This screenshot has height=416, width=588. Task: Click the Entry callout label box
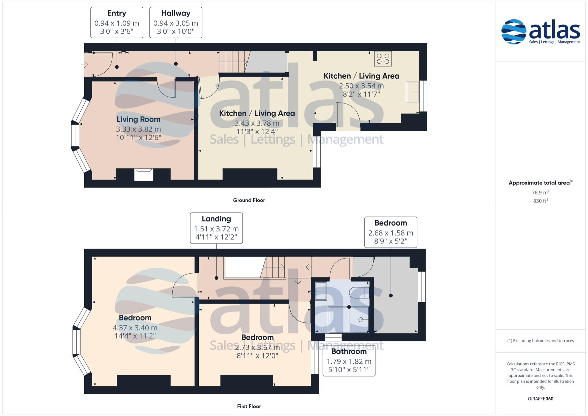click(x=117, y=22)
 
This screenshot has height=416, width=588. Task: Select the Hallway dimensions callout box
click(x=176, y=22)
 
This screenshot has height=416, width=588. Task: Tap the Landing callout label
click(x=216, y=228)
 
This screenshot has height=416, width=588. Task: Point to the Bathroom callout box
click(x=349, y=361)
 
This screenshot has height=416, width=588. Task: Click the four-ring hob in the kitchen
click(x=383, y=59)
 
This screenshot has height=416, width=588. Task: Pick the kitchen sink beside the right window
click(x=413, y=92)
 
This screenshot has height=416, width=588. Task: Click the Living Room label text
click(x=138, y=119)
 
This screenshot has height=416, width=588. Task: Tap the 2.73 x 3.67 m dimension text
click(x=257, y=347)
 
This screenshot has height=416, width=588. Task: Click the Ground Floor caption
click(x=249, y=200)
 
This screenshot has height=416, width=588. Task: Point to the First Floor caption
click(x=249, y=406)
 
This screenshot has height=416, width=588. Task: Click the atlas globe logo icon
click(x=514, y=32)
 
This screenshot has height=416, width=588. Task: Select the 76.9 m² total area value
click(x=541, y=192)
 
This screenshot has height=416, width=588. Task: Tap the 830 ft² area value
click(x=541, y=201)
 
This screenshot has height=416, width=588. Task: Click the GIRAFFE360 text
click(x=541, y=399)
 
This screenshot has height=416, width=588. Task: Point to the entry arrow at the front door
click(x=85, y=65)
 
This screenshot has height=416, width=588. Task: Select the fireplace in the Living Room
click(x=144, y=175)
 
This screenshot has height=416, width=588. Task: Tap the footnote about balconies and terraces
click(x=541, y=341)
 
